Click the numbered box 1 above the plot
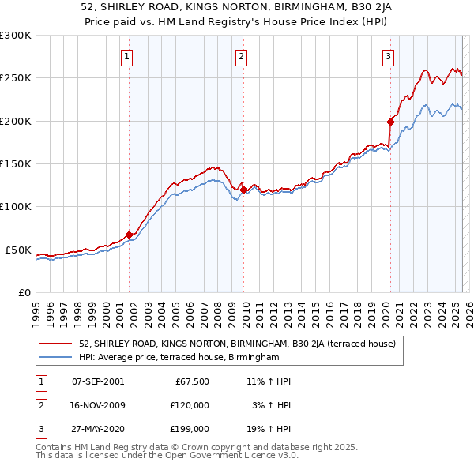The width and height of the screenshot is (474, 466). click(x=127, y=56)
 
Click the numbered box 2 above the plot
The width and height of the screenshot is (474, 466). click(x=241, y=56)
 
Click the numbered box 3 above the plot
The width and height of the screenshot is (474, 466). click(x=389, y=56)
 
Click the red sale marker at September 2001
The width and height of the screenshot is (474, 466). click(x=129, y=234)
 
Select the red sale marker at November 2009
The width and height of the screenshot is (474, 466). click(x=243, y=190)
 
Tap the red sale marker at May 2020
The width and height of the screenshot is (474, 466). click(x=390, y=122)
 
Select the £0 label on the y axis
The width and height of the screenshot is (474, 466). click(x=23, y=292)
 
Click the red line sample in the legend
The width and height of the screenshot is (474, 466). click(x=55, y=344)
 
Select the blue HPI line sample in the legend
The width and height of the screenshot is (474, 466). click(x=55, y=358)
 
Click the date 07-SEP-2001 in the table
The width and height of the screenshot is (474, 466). click(x=98, y=381)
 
